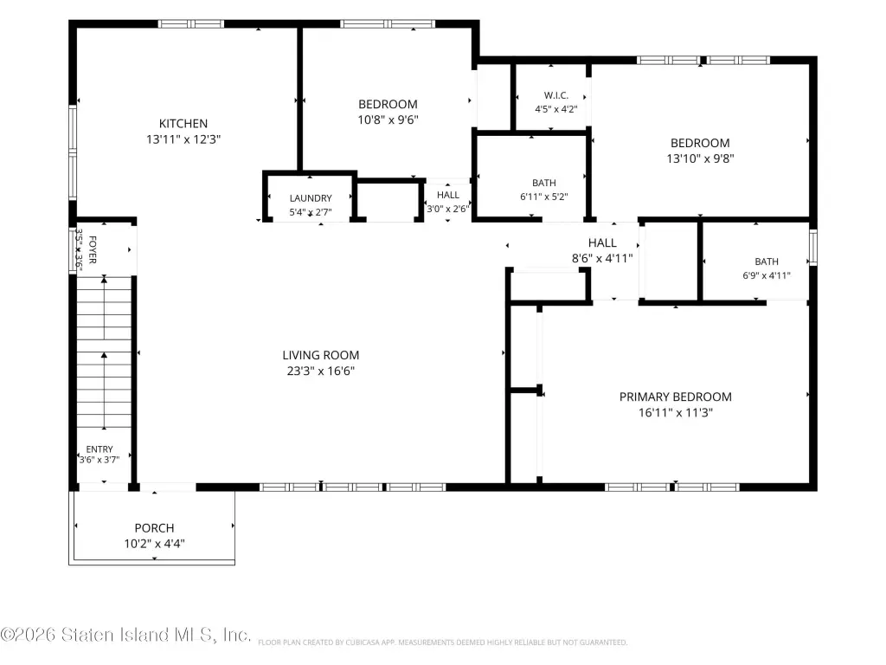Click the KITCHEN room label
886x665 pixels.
tap(183, 123)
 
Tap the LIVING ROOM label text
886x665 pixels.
tap(321, 355)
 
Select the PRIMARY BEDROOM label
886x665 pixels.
tap(675, 397)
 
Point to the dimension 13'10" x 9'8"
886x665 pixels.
tap(700, 159)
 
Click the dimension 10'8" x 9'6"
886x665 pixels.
tap(388, 119)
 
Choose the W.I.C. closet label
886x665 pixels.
tap(556, 95)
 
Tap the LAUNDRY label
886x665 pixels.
tap(311, 198)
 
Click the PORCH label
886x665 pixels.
tap(154, 528)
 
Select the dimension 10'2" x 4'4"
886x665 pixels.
tap(154, 544)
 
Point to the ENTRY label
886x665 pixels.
tap(100, 449)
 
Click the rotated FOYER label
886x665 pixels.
tap(93, 250)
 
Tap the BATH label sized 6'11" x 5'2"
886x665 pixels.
tap(544, 184)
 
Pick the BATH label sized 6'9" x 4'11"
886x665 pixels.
tap(767, 261)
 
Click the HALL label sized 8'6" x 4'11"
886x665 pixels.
tap(602, 242)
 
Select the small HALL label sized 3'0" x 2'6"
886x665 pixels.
tap(448, 195)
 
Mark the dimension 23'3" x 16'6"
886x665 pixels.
tap(321, 371)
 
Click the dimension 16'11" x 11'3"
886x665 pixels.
tap(676, 413)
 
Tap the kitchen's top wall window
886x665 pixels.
tap(191, 23)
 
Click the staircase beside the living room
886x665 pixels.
tap(104, 352)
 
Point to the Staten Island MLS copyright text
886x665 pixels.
tap(125, 635)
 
